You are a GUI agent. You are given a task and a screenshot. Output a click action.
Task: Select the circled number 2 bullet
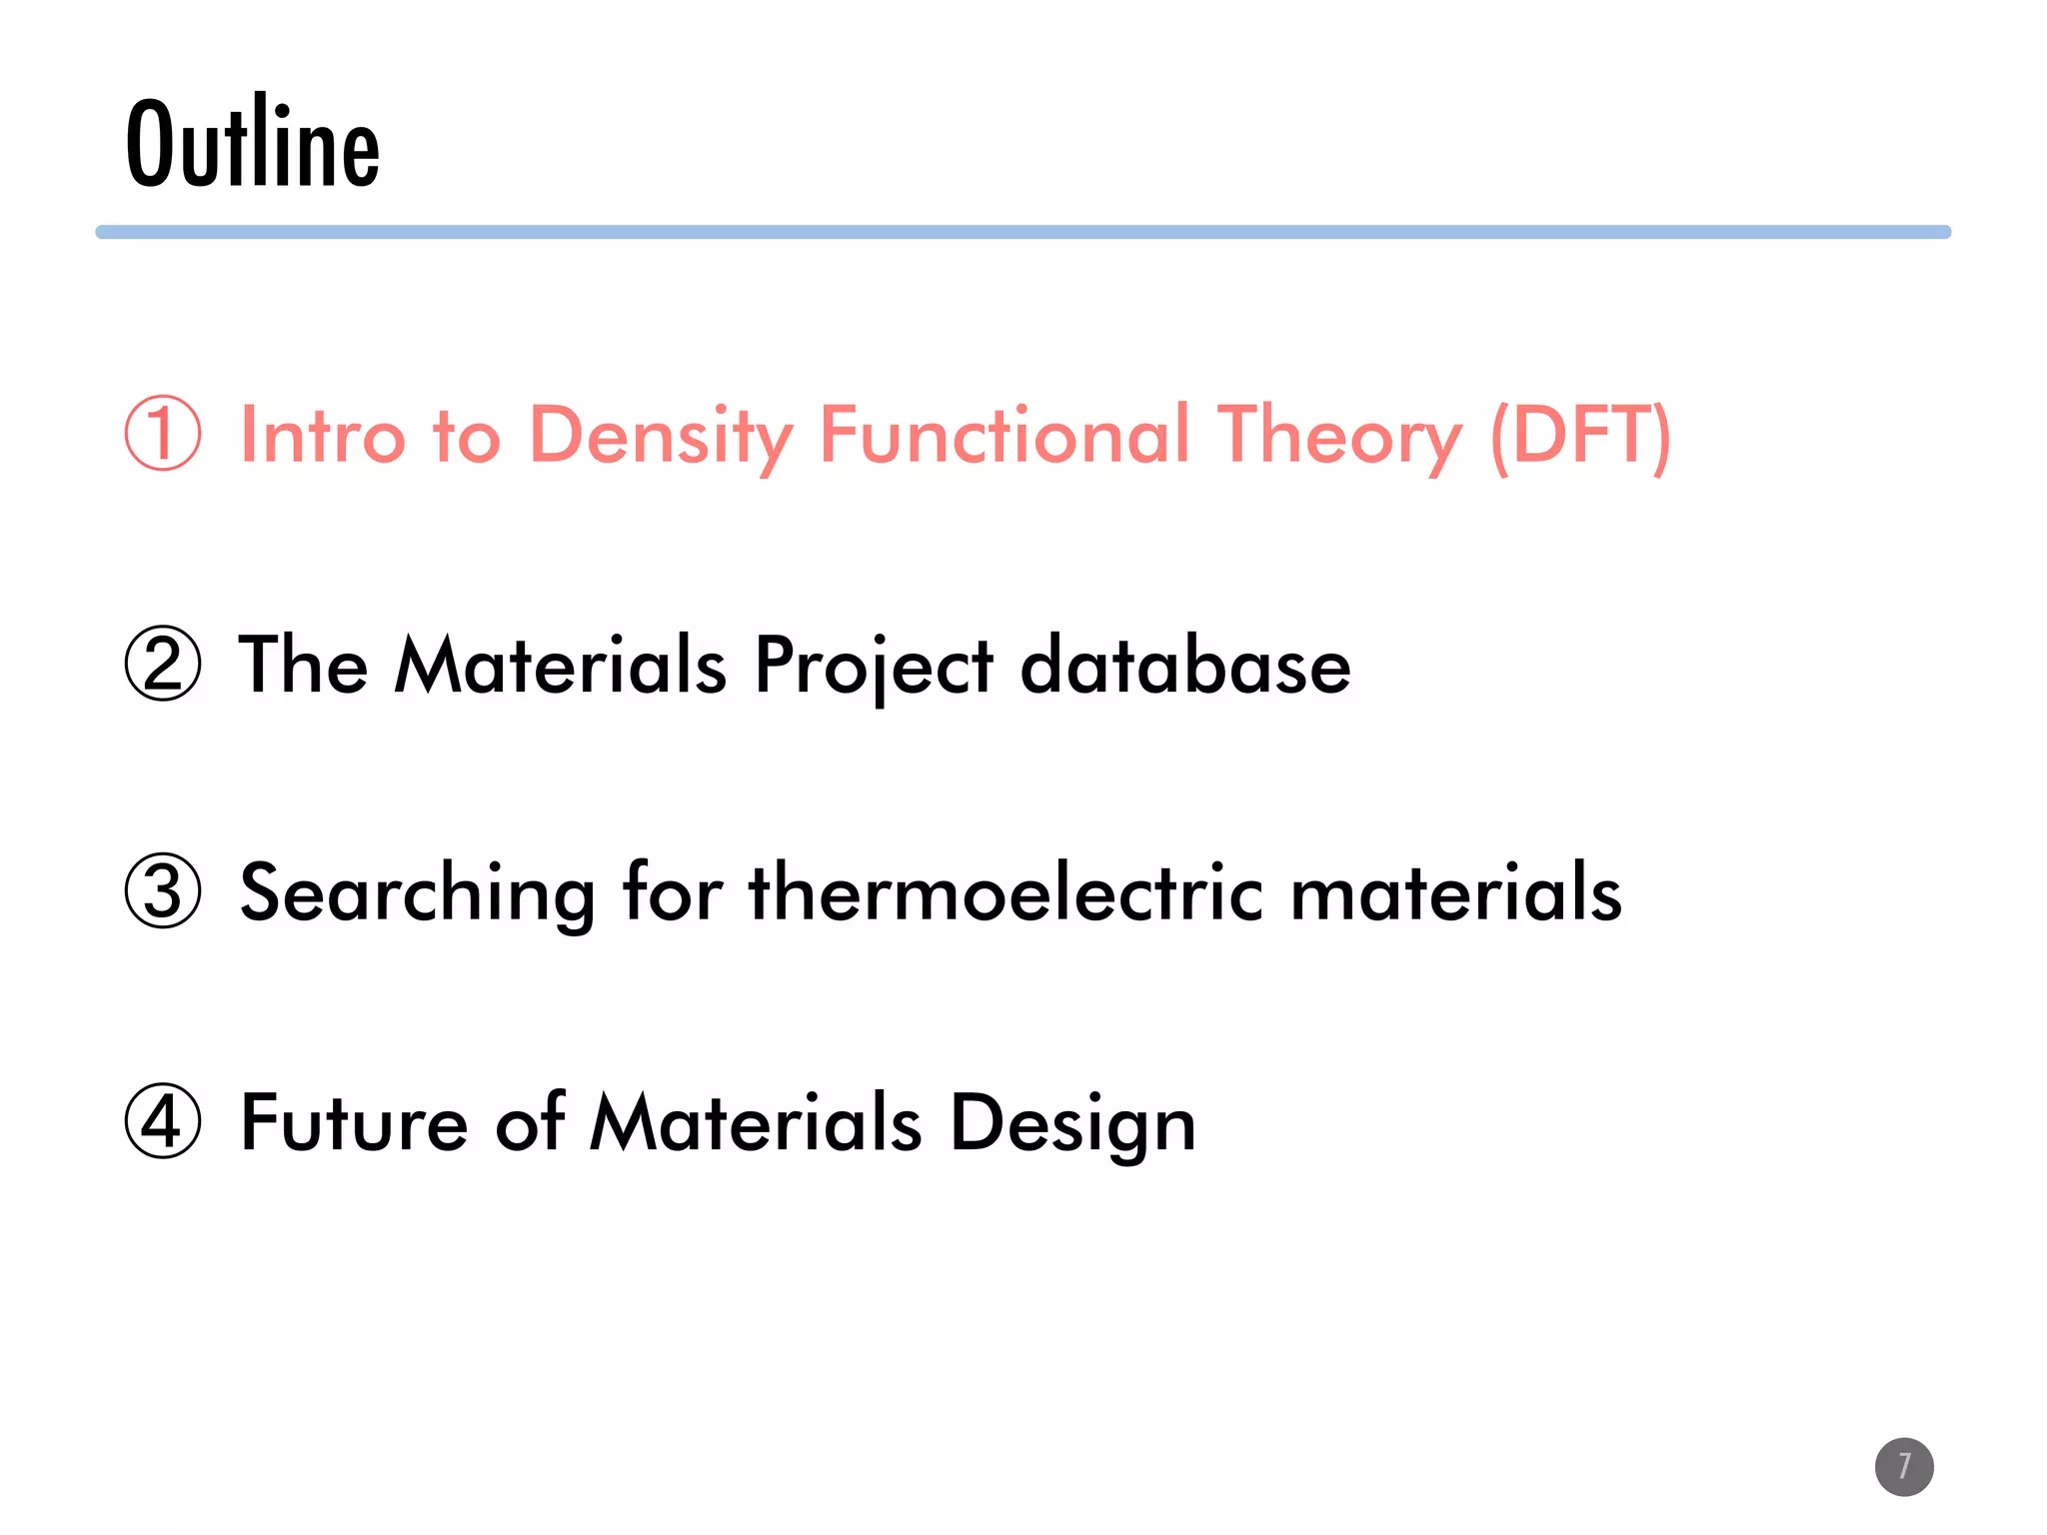click(163, 664)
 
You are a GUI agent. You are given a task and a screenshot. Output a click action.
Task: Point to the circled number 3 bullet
click(163, 890)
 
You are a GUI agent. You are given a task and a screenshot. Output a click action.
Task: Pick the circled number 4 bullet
click(163, 1120)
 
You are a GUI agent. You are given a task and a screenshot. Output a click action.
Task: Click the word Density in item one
click(660, 436)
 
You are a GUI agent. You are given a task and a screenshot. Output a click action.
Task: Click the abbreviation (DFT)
click(1579, 436)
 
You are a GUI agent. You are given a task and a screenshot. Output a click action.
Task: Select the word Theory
click(1338, 436)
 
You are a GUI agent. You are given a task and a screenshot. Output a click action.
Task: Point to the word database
click(1184, 666)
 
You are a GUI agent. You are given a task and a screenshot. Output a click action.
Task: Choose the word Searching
click(418, 892)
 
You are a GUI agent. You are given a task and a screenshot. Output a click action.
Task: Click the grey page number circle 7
click(1903, 1466)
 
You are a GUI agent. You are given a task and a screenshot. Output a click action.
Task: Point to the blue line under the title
click(1023, 232)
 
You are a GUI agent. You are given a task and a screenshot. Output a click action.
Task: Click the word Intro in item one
click(323, 436)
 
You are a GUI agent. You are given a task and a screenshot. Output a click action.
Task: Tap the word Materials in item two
click(560, 666)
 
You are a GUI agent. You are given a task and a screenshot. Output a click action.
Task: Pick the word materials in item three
click(1455, 892)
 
